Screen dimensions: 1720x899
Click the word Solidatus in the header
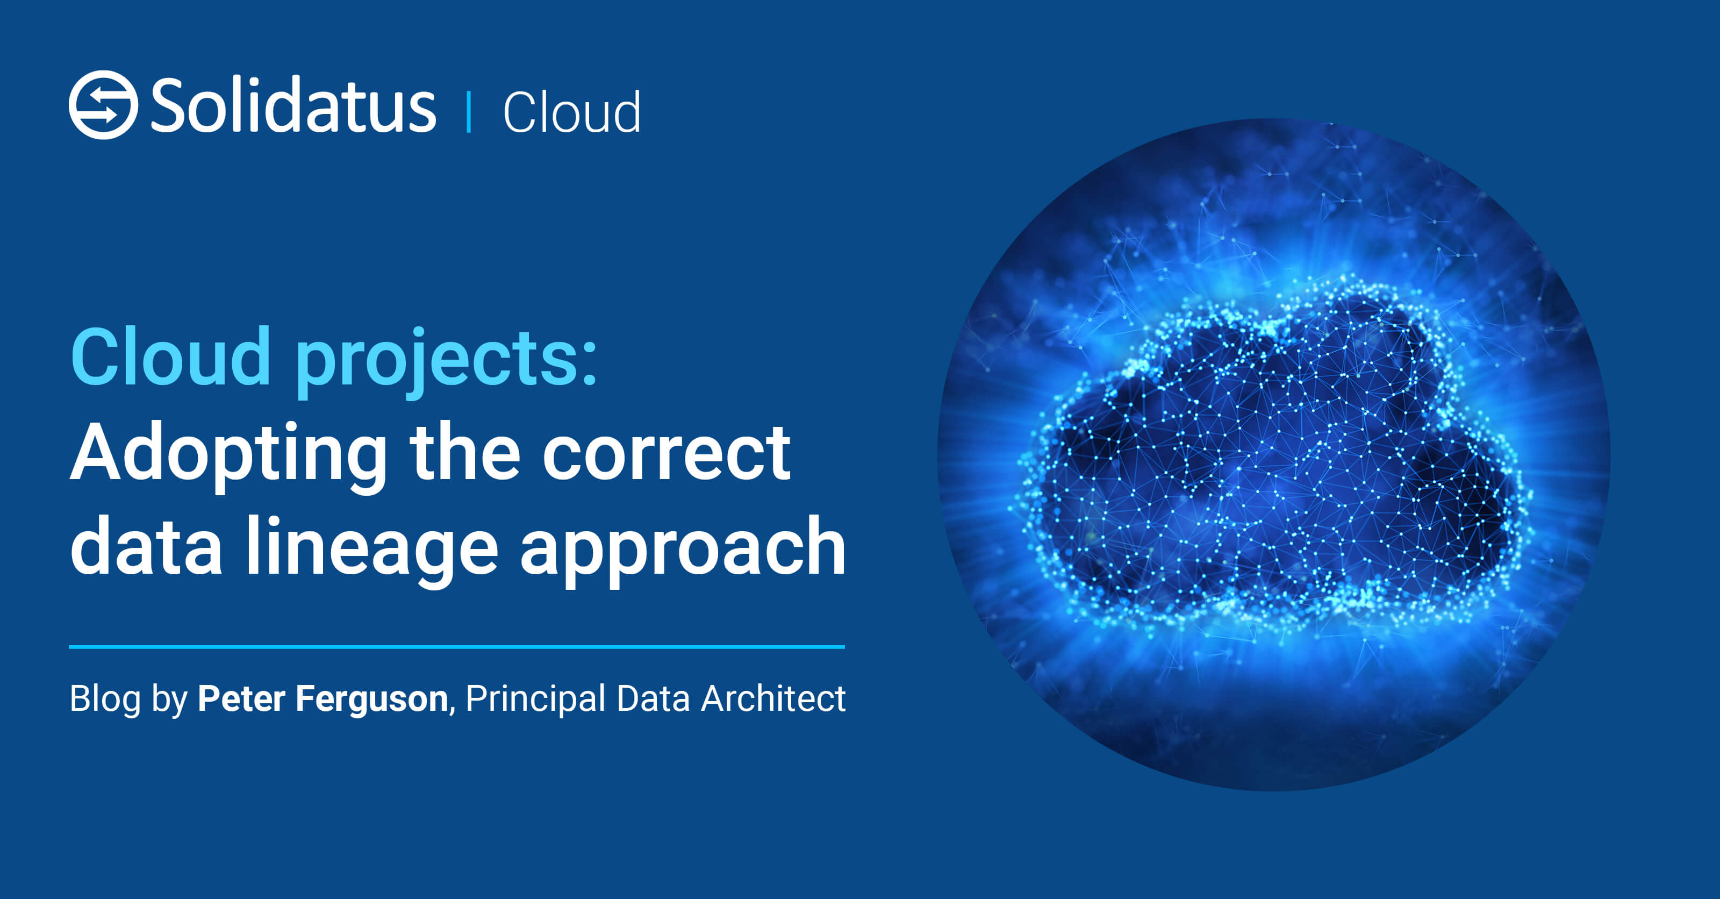click(293, 105)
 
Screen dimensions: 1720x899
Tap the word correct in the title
click(666, 454)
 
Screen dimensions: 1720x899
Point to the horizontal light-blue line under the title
click(457, 646)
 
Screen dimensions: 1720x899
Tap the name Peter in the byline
click(242, 698)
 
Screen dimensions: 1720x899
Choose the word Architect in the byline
click(773, 698)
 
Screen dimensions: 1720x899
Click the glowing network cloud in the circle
click(1272, 454)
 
